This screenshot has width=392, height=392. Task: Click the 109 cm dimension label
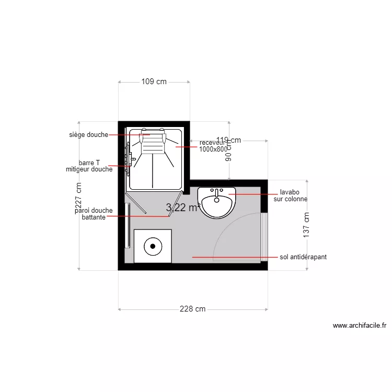coord(154,82)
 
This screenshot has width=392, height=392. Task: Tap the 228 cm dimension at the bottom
coord(192,309)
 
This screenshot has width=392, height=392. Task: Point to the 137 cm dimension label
coord(307,225)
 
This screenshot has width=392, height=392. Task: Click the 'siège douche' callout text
coord(88,135)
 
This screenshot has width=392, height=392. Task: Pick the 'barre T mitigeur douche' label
coord(89,166)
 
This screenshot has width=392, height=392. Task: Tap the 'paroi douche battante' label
coord(94,214)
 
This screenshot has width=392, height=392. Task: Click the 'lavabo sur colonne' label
coord(290,195)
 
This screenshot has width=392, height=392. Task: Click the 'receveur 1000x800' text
coord(213,146)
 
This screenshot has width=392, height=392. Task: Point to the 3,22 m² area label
coord(183,207)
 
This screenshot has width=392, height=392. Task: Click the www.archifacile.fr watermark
coord(360,326)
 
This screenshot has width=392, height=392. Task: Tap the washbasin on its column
coord(217,202)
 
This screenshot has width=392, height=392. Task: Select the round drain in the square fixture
coord(153,246)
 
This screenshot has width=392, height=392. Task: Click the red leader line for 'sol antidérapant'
coord(230,257)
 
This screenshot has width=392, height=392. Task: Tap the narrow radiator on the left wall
coord(128,225)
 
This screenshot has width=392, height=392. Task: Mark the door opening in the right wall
coord(264,237)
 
